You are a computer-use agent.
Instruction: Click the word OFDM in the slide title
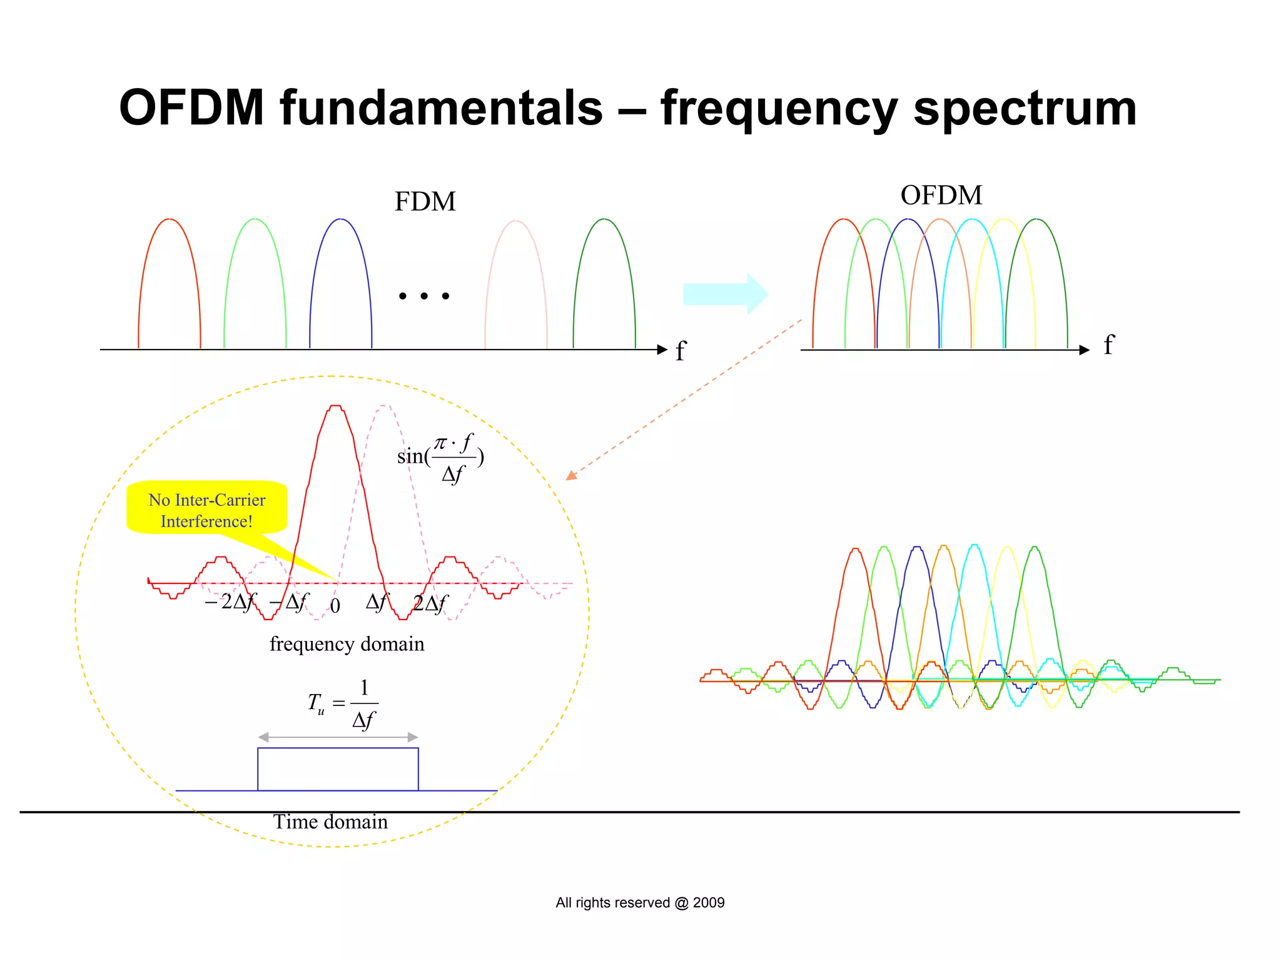[x=191, y=108]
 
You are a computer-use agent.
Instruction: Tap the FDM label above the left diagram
[x=425, y=202]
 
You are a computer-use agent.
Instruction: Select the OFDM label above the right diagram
[x=941, y=196]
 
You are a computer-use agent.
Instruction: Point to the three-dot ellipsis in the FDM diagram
[x=424, y=296]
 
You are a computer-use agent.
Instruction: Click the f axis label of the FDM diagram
[x=681, y=351]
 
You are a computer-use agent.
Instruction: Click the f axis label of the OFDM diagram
[x=1108, y=345]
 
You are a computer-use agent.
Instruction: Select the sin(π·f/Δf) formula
[x=441, y=458]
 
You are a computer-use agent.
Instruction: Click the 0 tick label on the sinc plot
[x=335, y=606]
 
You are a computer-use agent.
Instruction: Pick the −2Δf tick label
[x=230, y=602]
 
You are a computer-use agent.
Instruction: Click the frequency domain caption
[x=347, y=644]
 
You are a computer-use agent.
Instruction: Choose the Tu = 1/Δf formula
[x=343, y=704]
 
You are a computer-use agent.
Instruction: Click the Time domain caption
[x=330, y=822]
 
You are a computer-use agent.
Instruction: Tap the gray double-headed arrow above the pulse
[x=338, y=737]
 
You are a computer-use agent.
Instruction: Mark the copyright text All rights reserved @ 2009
[x=640, y=903]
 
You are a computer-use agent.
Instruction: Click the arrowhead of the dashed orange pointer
[x=570, y=476]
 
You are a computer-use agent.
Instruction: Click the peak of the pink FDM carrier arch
[x=516, y=221]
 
